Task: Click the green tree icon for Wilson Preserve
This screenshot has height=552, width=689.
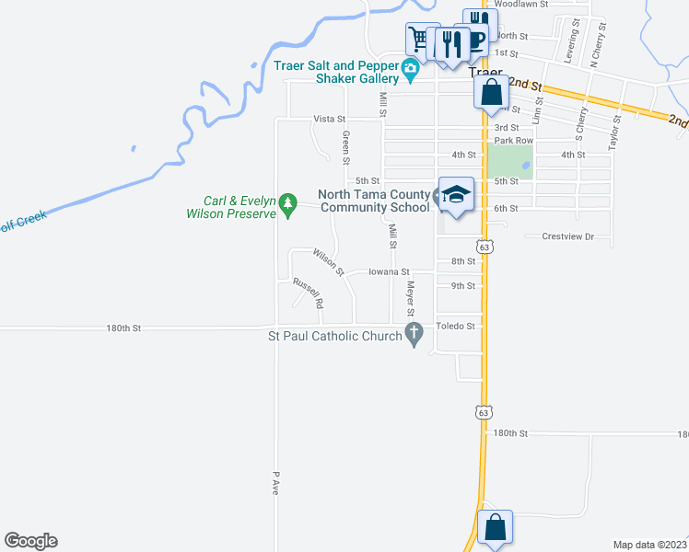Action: point(288,201)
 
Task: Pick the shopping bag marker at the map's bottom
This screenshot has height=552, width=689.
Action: point(495,528)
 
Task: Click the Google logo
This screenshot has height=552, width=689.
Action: point(30,541)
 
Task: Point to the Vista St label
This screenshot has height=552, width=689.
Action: point(329,119)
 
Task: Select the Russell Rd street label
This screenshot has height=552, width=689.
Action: point(309,293)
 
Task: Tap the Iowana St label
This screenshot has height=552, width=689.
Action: point(388,271)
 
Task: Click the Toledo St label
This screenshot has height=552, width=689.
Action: point(456,326)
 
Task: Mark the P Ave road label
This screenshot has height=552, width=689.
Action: point(275,484)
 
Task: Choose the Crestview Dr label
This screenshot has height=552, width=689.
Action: point(567,236)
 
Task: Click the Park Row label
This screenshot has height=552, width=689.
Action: point(513,140)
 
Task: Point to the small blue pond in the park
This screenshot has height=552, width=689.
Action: point(525,167)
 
